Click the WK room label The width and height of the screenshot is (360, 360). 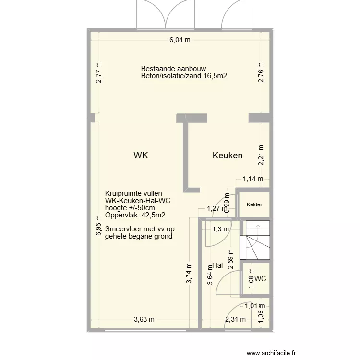141,155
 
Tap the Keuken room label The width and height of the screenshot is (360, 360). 227,155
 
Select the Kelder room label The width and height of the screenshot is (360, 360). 254,204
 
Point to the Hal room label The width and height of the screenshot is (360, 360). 217,265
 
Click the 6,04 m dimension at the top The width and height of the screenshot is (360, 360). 180,40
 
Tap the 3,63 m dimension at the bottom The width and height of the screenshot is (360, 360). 144,319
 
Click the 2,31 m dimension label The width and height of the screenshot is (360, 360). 235,319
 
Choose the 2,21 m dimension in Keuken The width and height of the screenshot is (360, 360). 261,156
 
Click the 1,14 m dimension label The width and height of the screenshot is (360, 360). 253,179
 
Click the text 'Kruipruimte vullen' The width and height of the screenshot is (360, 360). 134,193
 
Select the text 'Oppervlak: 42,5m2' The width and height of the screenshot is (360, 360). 135,215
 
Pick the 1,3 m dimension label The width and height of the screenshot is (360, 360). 220,229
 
